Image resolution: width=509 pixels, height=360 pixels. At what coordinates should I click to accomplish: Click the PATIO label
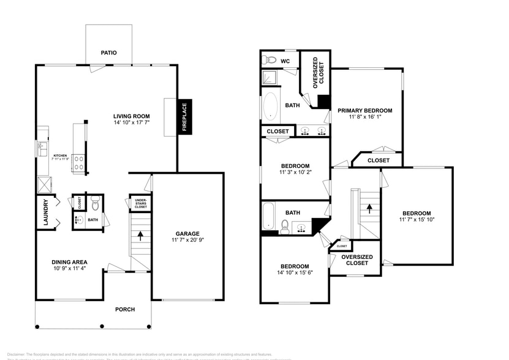pos(108,53)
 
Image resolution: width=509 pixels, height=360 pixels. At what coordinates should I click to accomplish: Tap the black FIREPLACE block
pos(184,116)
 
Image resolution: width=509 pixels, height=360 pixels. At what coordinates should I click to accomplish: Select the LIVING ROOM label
pos(131,116)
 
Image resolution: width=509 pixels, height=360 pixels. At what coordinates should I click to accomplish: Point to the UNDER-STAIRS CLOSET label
pos(140,203)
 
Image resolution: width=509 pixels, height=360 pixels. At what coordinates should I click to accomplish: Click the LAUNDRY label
pos(45,213)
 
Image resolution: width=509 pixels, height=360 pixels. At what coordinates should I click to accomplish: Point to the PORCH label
pos(125,309)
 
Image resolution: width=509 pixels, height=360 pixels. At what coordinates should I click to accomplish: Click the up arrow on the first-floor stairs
pos(140,234)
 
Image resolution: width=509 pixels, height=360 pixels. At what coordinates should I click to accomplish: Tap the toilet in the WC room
pos(270,60)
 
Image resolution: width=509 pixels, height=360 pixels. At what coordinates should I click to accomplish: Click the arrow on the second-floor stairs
pos(369,207)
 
